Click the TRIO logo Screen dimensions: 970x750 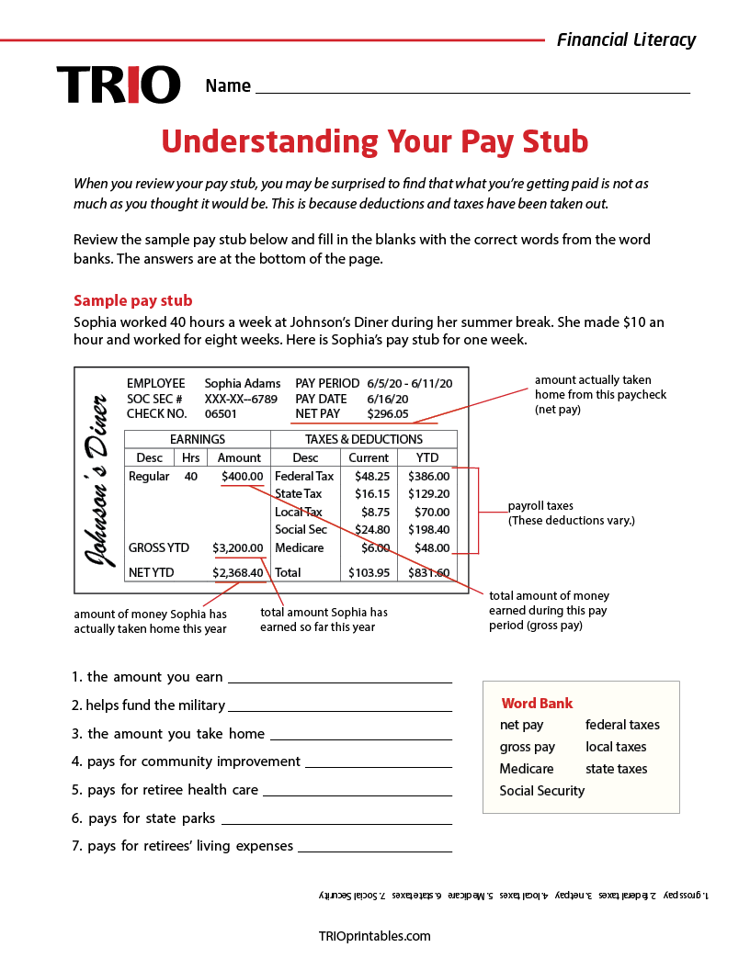point(119,85)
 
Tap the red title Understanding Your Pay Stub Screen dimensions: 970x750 point(375,141)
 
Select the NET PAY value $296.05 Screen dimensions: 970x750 point(388,414)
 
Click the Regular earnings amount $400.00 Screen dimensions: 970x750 point(242,477)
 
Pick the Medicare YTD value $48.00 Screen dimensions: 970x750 point(431,548)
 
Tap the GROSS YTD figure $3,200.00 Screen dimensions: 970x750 point(238,548)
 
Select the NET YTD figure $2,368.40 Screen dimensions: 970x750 point(238,573)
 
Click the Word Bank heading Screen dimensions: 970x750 point(537,704)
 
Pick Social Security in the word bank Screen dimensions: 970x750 point(541,791)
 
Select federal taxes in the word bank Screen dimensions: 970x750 point(622,725)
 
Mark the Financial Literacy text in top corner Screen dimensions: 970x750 point(626,39)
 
